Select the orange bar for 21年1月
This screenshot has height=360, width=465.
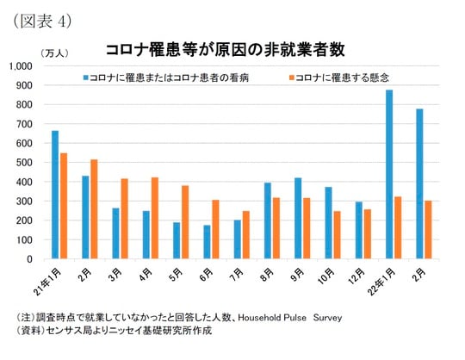pyautogui.click(x=64, y=206)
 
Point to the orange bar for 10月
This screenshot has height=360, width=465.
pyautogui.click(x=337, y=235)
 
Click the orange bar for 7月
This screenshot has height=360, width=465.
pyautogui.click(x=245, y=235)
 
